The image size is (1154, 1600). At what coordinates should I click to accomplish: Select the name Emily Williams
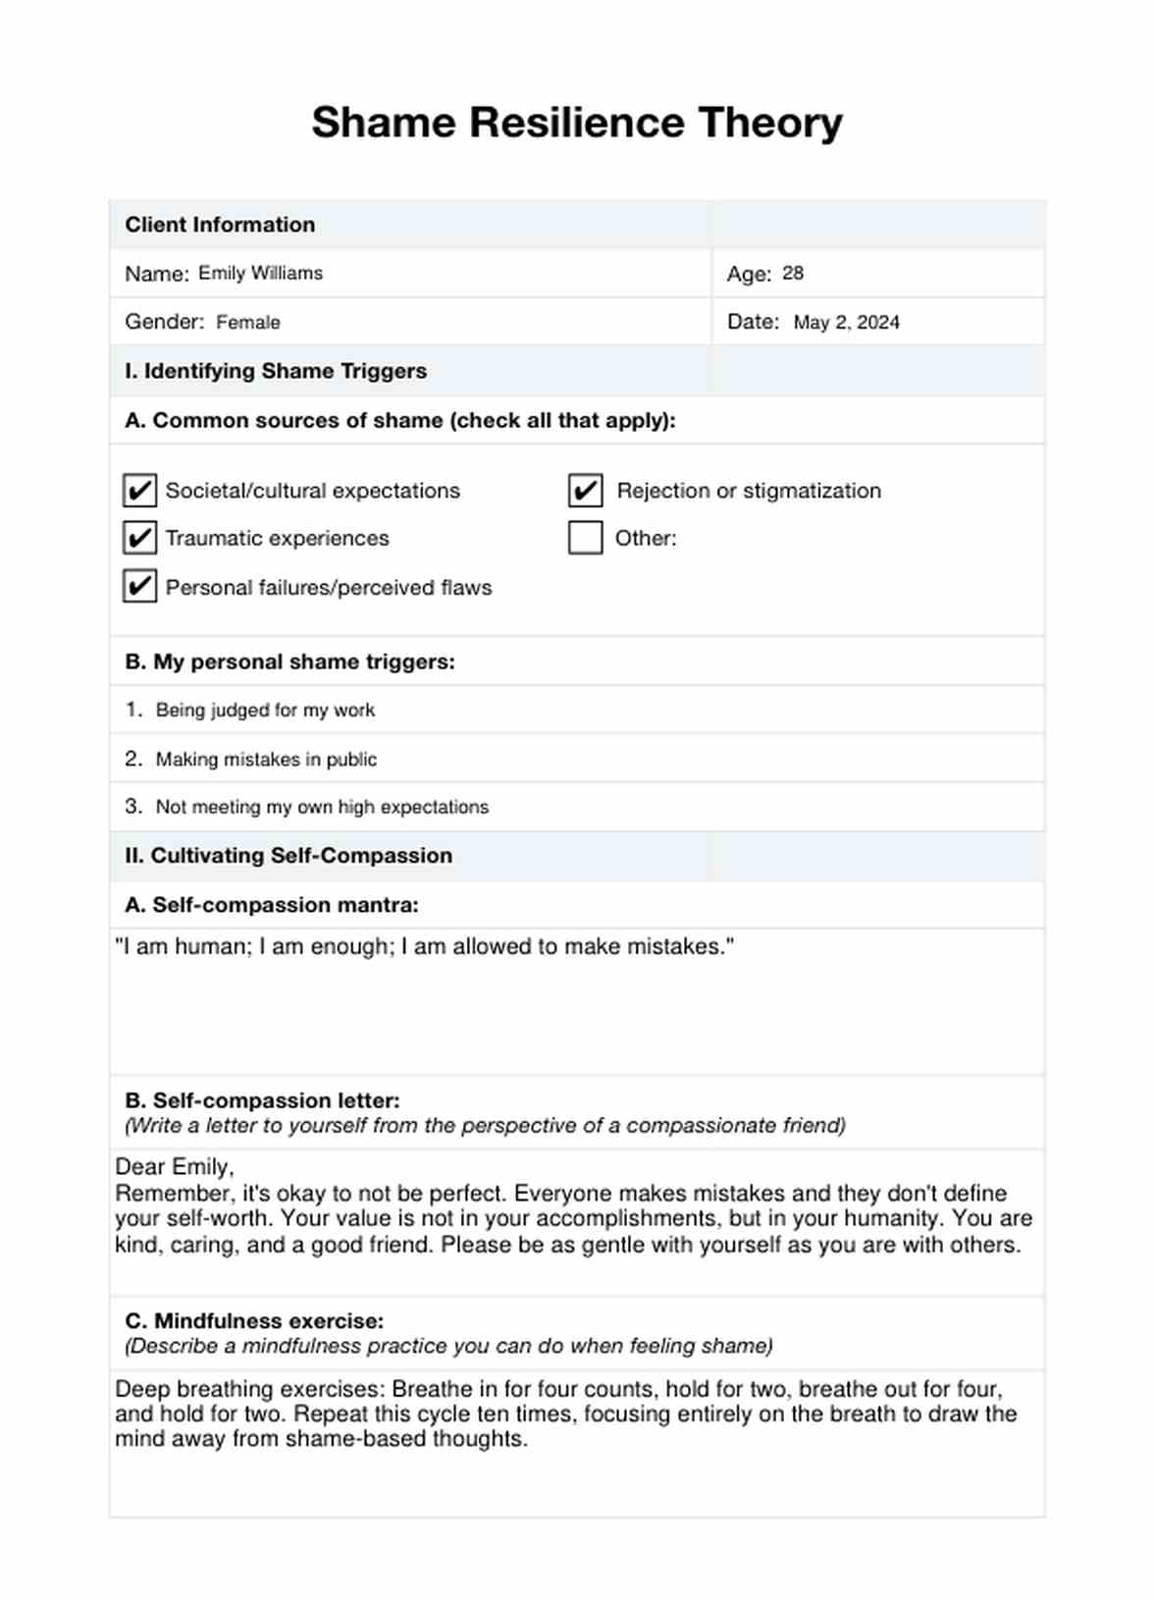pos(260,274)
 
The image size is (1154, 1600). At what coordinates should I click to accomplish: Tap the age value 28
pos(793,274)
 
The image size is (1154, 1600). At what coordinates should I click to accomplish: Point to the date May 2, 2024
pos(846,323)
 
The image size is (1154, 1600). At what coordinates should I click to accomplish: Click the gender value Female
pos(248,323)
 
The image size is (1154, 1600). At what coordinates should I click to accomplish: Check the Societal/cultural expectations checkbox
pos(140,490)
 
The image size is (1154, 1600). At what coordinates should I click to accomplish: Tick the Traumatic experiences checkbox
pos(140,538)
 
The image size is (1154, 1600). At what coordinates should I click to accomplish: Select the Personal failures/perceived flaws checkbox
pos(140,586)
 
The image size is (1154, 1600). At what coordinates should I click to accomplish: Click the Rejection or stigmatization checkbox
pos(586,490)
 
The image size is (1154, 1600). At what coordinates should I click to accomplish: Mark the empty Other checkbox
pos(586,538)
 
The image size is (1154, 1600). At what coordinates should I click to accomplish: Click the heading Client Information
pos(220,225)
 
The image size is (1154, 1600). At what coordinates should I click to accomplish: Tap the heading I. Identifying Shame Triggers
pos(276,371)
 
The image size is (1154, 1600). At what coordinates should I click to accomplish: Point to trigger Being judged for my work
pos(265,711)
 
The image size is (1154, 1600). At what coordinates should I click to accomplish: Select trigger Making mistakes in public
pos(266,760)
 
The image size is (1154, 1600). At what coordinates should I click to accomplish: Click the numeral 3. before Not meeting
pos(133,807)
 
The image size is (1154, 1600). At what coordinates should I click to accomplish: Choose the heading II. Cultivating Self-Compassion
pos(288,856)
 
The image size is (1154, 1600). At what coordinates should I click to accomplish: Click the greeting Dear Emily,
pos(175,1167)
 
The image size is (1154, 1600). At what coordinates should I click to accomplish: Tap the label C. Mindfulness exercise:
pos(254,1321)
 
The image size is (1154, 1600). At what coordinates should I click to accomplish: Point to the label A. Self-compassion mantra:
pos(272,905)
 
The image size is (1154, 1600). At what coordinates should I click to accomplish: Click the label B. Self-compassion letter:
pos(262,1101)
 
